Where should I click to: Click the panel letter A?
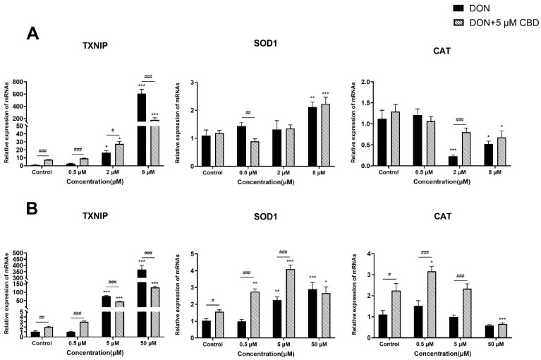tap(32, 33)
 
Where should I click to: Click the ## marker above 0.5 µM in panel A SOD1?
tap(248, 113)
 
